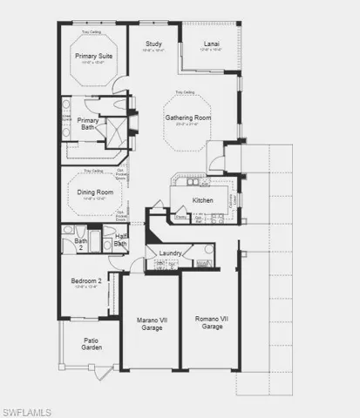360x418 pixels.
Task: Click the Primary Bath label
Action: (87, 125)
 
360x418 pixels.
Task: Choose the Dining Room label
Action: (94, 192)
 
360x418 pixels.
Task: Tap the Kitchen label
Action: (202, 201)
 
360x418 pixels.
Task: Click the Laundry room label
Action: (170, 253)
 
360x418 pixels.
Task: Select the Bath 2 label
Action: (80, 245)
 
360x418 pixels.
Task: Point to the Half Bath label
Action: (121, 239)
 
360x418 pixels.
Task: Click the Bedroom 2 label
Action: (87, 281)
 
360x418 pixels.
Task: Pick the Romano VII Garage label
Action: (212, 324)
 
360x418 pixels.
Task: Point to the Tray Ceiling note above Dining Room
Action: (93, 172)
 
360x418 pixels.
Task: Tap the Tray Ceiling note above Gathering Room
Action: (184, 91)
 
